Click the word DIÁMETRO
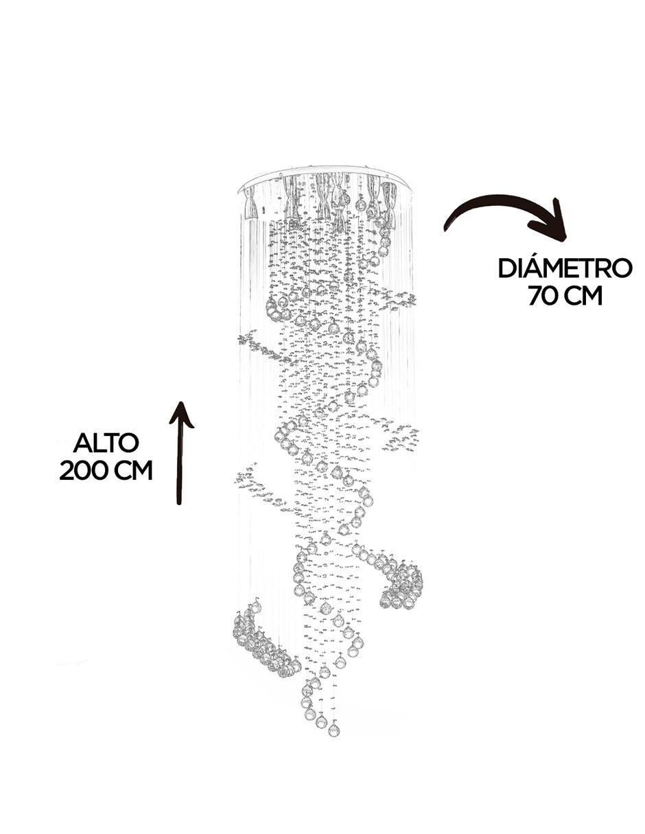[565, 268]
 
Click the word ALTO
[106, 443]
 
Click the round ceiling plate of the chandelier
[326, 181]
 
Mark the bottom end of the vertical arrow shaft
[178, 504]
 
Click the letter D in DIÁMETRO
[507, 268]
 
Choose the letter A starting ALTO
[82, 443]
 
